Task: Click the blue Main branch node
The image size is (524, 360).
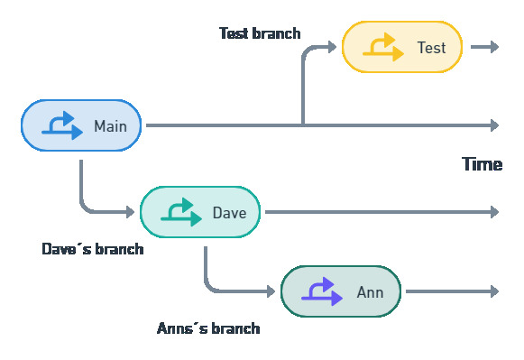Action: (81, 125)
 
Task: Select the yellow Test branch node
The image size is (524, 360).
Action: (402, 47)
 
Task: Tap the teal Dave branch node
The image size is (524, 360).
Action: (200, 212)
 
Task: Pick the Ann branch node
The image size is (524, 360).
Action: (340, 291)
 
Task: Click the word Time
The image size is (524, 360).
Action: (482, 164)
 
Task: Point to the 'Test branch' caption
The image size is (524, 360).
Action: (260, 33)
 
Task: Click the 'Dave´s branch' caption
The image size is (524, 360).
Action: (92, 249)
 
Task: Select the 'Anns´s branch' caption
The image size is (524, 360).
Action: (208, 328)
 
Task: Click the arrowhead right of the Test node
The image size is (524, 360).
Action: (493, 47)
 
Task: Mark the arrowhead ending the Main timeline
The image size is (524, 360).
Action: (493, 125)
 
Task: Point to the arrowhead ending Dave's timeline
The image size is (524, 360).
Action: (493, 212)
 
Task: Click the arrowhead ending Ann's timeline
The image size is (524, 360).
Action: (493, 291)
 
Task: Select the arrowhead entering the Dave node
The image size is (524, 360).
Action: (129, 212)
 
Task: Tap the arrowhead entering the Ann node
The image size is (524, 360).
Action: (270, 291)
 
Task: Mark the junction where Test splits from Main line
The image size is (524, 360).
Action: (302, 125)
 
